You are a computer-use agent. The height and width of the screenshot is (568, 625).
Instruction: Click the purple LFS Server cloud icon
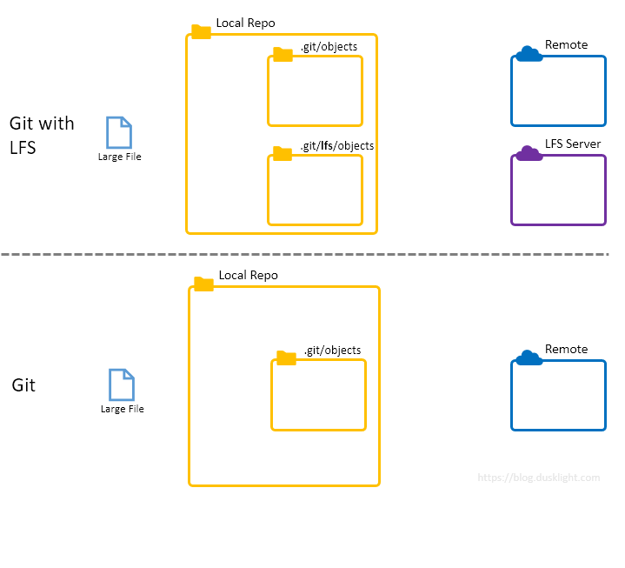tap(529, 154)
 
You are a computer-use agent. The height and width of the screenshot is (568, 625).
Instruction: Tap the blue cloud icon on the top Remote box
tap(529, 55)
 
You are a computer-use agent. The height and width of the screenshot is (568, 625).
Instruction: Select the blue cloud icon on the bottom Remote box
tap(529, 358)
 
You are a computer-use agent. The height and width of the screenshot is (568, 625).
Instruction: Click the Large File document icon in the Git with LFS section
tap(119, 132)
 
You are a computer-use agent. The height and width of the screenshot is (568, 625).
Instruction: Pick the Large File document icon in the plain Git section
tap(122, 384)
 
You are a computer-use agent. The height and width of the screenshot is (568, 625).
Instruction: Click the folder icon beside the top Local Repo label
tap(201, 32)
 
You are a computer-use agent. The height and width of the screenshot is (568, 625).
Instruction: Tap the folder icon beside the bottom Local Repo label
tap(203, 284)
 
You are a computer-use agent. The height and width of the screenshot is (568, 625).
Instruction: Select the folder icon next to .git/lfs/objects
tap(283, 154)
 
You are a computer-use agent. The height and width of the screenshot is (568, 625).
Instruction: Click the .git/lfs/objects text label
tap(337, 145)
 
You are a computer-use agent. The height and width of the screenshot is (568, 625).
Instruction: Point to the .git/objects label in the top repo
tap(329, 46)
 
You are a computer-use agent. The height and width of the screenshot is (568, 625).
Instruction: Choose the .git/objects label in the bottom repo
tap(332, 350)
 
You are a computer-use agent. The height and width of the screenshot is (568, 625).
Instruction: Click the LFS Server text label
tap(573, 144)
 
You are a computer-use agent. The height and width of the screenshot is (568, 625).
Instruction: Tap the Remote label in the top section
tap(566, 44)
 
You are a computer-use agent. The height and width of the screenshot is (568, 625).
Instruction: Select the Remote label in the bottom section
tap(566, 349)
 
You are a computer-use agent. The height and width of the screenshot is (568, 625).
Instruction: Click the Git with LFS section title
tap(42, 135)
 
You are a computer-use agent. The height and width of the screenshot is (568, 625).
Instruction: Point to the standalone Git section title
tap(23, 384)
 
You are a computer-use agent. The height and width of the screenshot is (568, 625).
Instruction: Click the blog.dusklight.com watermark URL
tap(539, 478)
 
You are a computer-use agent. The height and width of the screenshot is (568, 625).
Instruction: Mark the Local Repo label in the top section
tap(246, 23)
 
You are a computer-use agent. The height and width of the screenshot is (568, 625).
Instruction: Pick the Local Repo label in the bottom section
tap(249, 275)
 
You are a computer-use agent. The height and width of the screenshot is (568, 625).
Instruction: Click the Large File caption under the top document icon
tap(119, 157)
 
